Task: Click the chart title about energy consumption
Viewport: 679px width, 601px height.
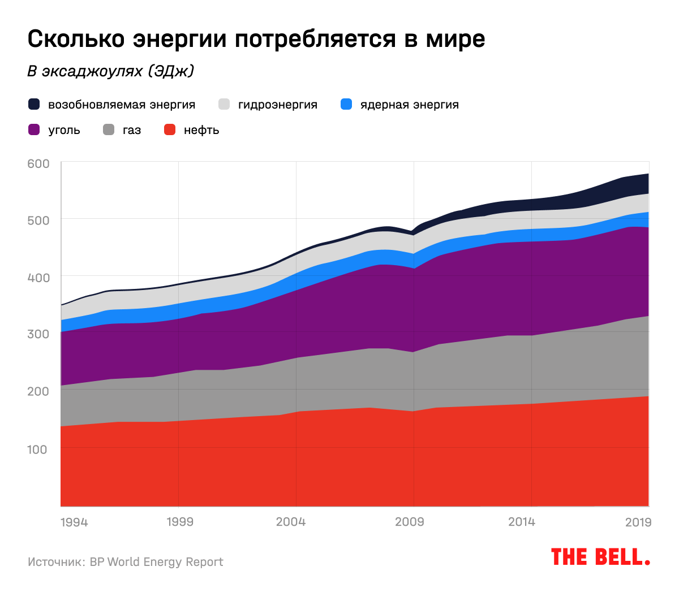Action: point(256,40)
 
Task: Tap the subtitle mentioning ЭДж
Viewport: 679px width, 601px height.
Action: point(111,71)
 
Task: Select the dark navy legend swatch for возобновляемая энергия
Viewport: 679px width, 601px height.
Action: point(34,105)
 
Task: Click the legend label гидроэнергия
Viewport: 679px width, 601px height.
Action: point(277,105)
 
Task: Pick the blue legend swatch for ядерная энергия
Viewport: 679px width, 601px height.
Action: point(346,105)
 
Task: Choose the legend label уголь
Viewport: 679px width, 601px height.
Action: point(64,130)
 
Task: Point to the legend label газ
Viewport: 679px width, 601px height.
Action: point(131,130)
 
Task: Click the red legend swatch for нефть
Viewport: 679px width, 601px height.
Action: point(170,130)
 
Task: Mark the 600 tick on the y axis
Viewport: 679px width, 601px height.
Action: point(38,163)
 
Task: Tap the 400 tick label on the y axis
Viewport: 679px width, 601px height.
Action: point(38,278)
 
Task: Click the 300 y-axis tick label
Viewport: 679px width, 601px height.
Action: point(38,334)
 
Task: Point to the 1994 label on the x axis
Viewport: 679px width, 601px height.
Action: point(74,522)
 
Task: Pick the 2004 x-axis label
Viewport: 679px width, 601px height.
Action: point(290,522)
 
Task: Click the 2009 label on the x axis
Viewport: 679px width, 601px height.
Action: point(409,522)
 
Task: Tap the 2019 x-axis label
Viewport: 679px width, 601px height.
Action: point(638,522)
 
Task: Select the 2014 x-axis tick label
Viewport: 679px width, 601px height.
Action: point(521,522)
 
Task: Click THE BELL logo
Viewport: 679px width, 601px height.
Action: point(600,557)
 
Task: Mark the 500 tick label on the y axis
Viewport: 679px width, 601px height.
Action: point(38,220)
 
